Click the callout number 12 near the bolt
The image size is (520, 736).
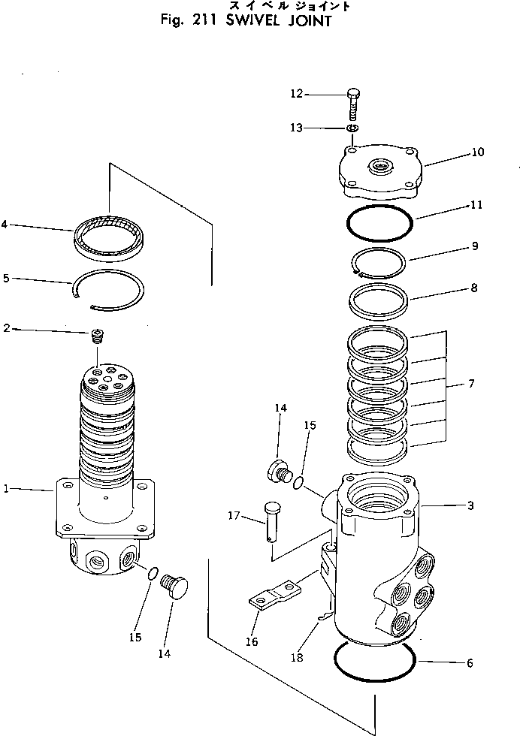click(297, 94)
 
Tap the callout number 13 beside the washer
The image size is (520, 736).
click(297, 128)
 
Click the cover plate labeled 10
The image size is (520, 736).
click(379, 171)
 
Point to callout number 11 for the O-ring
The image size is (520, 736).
click(476, 204)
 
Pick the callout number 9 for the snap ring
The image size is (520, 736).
click(474, 246)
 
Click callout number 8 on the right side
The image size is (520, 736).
click(473, 288)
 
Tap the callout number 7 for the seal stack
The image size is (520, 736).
click(471, 385)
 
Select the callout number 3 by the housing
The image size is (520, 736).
click(470, 506)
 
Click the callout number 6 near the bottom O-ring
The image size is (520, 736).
click(470, 663)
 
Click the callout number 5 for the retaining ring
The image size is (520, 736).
click(6, 278)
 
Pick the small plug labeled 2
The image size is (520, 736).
click(96, 334)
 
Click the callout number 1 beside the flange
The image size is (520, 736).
click(7, 489)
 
